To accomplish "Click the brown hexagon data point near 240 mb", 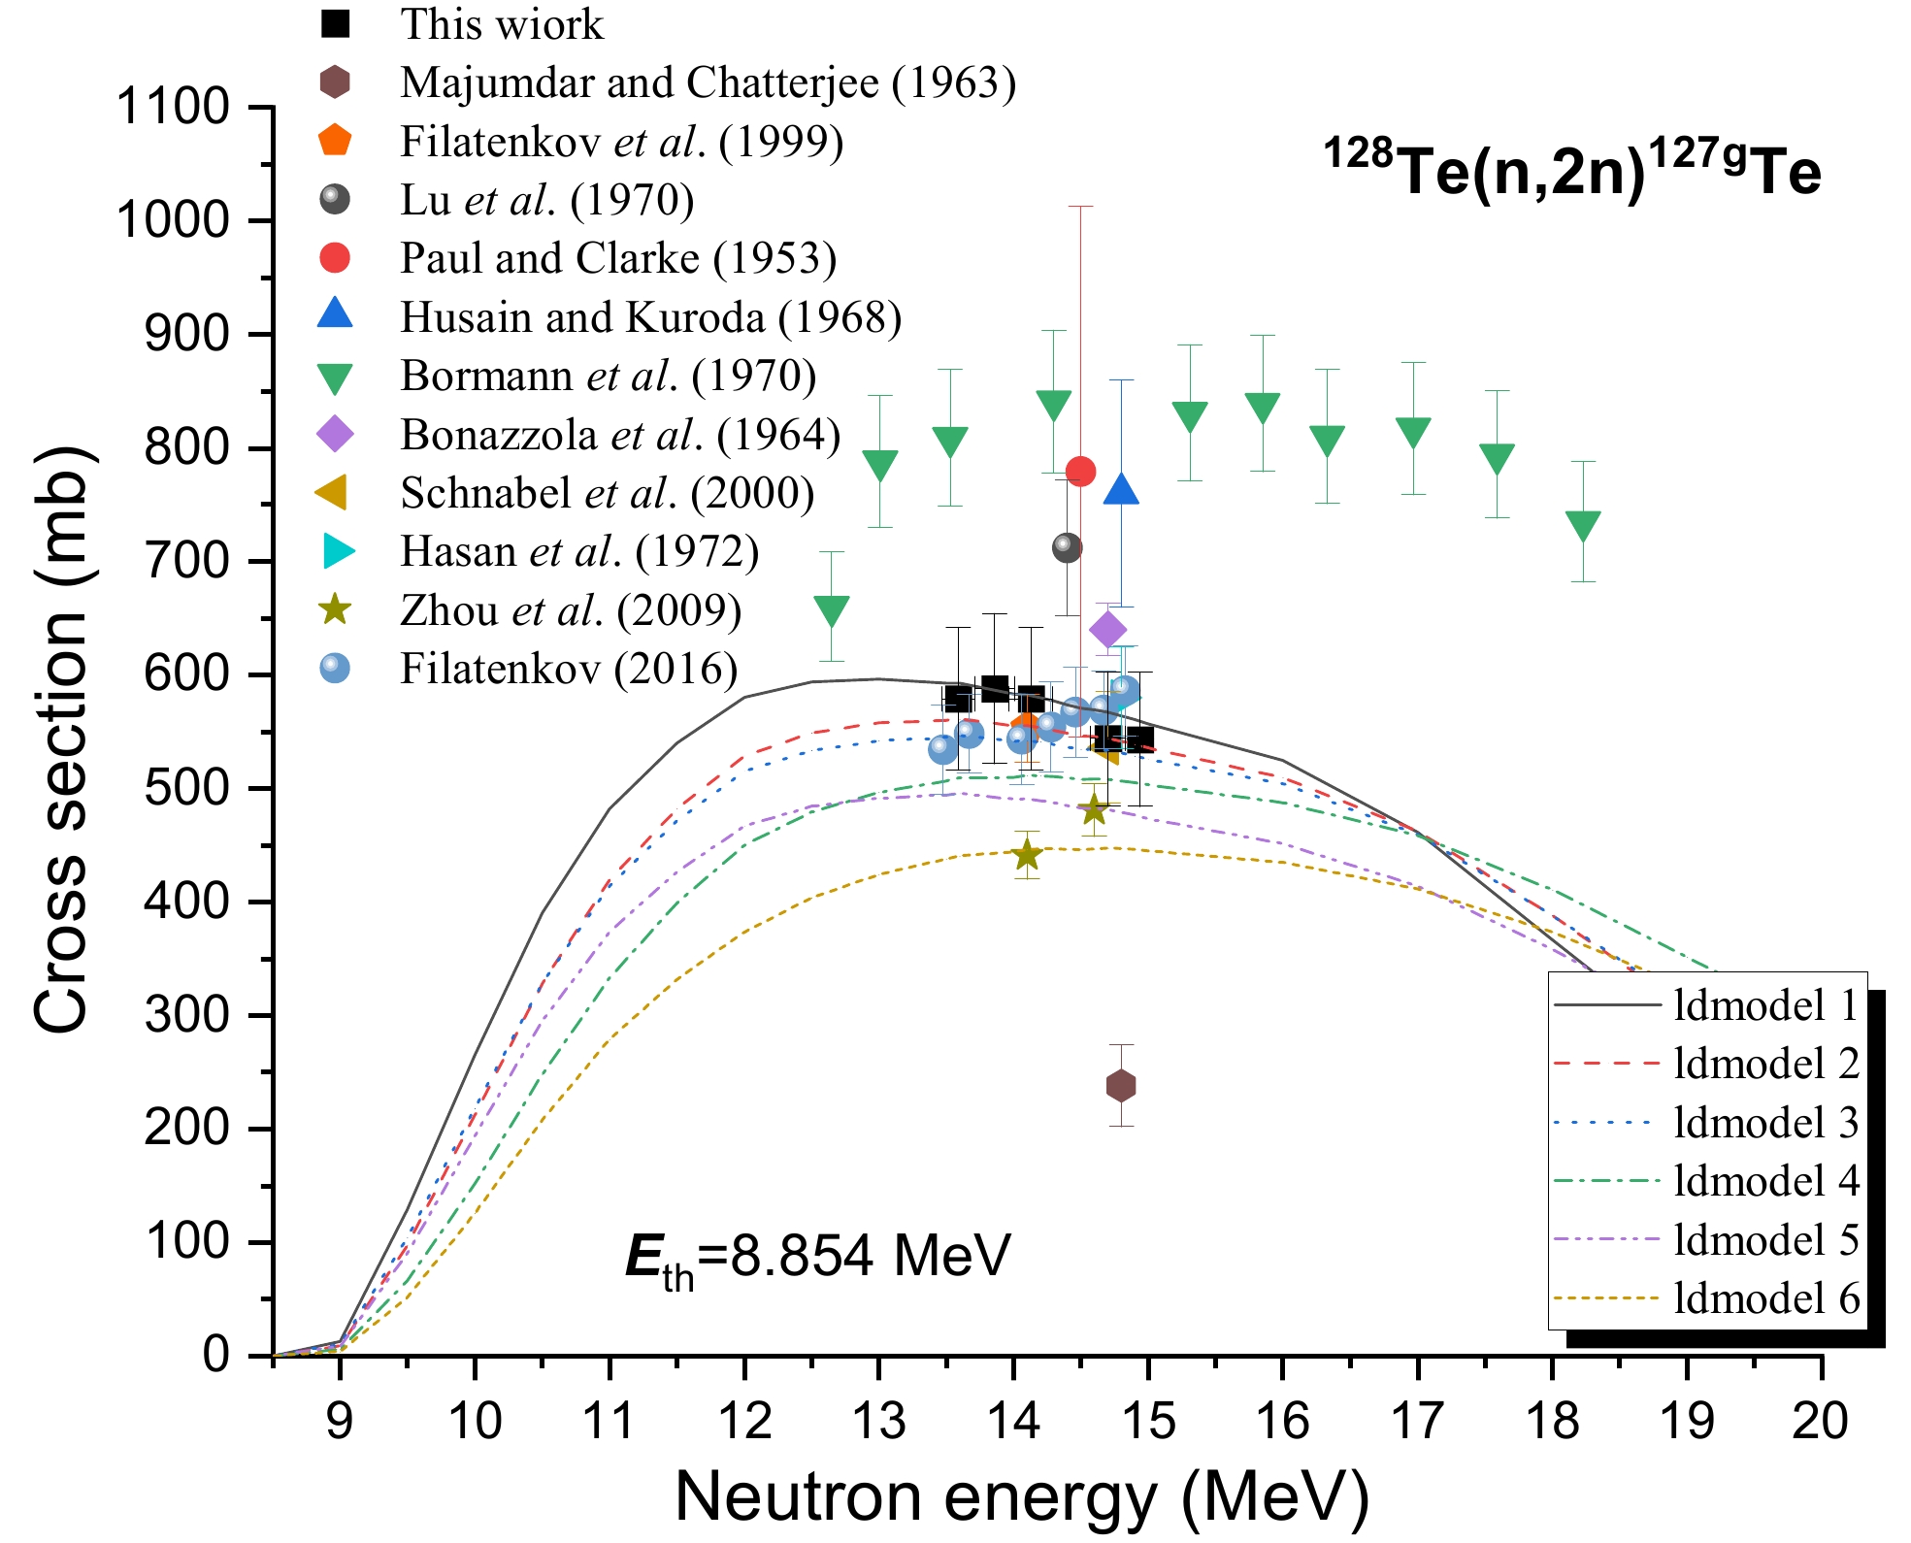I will click(1121, 1085).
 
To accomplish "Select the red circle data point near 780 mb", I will click(1080, 472).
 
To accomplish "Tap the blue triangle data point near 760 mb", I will click(1121, 490).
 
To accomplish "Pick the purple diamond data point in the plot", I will click(1108, 630).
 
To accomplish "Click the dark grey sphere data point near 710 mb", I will click(1067, 548).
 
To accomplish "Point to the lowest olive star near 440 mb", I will click(1027, 855).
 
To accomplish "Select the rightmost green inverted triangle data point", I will click(1583, 525).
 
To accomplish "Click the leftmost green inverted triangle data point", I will click(832, 610).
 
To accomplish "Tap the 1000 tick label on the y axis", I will click(173, 221).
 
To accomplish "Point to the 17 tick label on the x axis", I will click(1417, 1422).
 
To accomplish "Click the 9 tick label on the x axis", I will click(339, 1422).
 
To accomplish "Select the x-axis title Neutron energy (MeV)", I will click(1021, 1495).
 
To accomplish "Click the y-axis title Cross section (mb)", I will click(63, 739).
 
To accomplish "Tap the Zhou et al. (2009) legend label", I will click(570, 610).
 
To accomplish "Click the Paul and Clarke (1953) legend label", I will click(617, 258).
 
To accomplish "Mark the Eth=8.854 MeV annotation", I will click(817, 1257).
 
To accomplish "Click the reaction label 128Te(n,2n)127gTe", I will click(1572, 171).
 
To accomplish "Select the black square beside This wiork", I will click(335, 24).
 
